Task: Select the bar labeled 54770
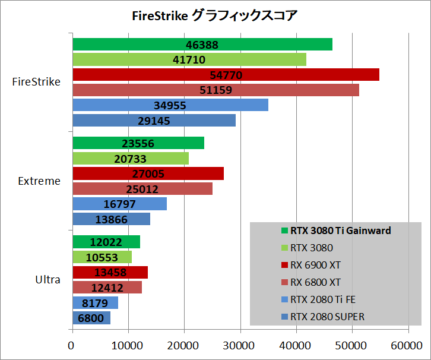coord(226,75)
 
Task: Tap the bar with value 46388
coord(202,45)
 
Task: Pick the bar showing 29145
coord(154,121)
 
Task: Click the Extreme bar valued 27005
coord(148,173)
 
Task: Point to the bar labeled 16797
coord(119,204)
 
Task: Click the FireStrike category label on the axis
coord(36,82)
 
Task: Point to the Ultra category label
coord(47,279)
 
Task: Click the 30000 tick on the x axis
coord(240,344)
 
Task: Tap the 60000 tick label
coord(408,344)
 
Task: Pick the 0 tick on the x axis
coord(72,344)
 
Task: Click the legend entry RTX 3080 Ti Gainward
coord(341,230)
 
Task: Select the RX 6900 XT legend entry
coord(316,265)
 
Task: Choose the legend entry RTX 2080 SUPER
coord(328,317)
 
